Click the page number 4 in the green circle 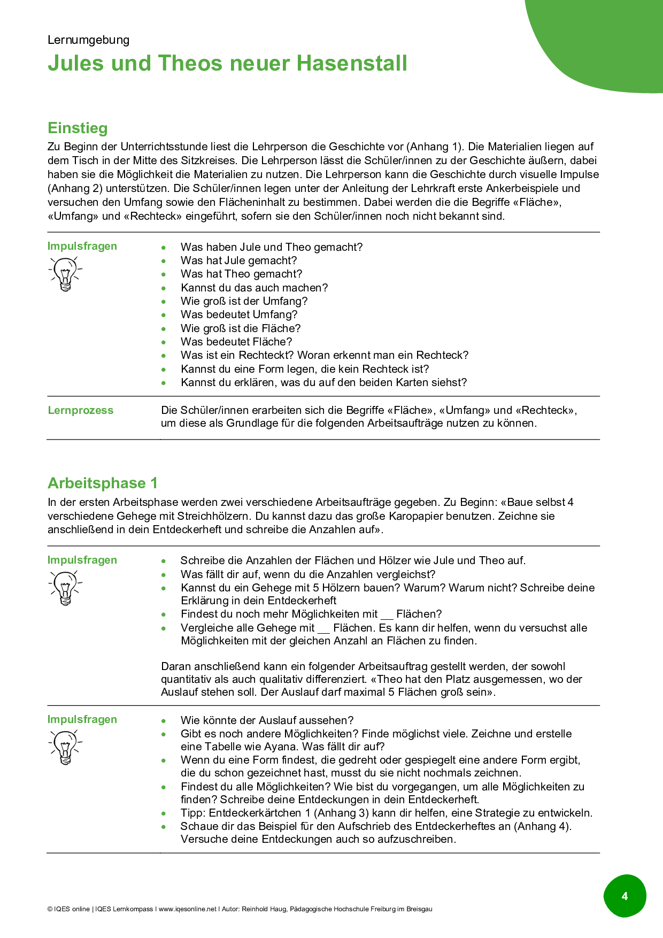point(625,896)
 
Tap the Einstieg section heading point(78,128)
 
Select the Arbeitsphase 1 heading point(103,483)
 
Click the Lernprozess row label point(81,410)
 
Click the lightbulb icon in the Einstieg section point(65,273)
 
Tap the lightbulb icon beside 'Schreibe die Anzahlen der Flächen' point(65,587)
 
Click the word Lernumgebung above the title point(88,40)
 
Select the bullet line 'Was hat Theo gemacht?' point(241,274)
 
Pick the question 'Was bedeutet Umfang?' point(239,314)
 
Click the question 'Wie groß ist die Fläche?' point(241,328)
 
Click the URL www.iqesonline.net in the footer point(188,909)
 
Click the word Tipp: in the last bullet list point(194,813)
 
